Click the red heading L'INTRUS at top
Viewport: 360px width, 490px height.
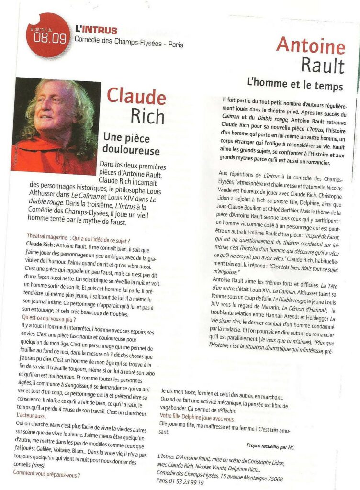(x=96, y=30)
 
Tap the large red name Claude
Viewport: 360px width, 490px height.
(x=136, y=96)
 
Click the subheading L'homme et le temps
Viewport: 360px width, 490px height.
(x=295, y=86)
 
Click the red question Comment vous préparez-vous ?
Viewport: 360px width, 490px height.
(x=46, y=475)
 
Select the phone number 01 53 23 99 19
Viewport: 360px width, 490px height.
(x=186, y=482)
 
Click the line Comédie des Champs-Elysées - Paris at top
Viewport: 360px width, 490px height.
(x=129, y=44)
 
